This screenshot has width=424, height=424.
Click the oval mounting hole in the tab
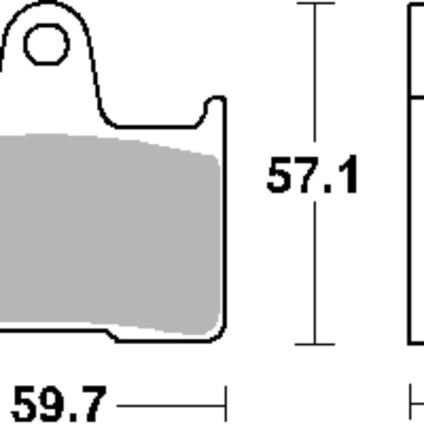47,45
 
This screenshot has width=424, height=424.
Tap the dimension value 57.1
312,177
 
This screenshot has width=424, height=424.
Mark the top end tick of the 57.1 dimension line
314,4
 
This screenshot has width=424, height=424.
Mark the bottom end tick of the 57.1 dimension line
314,344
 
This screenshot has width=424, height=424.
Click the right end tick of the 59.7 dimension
225,405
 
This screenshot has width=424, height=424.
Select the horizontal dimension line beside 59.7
170,406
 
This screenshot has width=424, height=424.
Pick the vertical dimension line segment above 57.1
314,78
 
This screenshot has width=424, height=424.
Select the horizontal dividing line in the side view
417,96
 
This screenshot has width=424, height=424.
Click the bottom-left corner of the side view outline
410,343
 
